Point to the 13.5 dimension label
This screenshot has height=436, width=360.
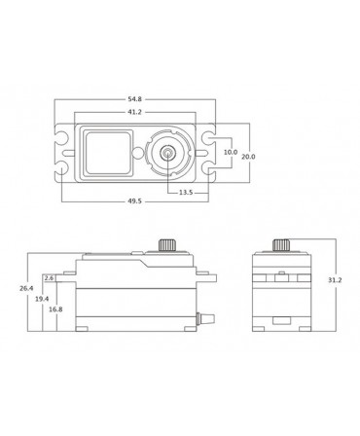click(185, 192)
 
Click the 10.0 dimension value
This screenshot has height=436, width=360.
click(230, 153)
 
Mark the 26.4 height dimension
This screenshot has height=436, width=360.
click(26, 287)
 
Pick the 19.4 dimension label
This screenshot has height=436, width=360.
click(42, 299)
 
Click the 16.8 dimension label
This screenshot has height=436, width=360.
click(55, 309)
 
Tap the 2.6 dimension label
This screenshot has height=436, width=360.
click(50, 278)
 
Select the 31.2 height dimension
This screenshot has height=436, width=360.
click(335, 279)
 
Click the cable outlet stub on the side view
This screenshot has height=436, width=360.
click(205, 316)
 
